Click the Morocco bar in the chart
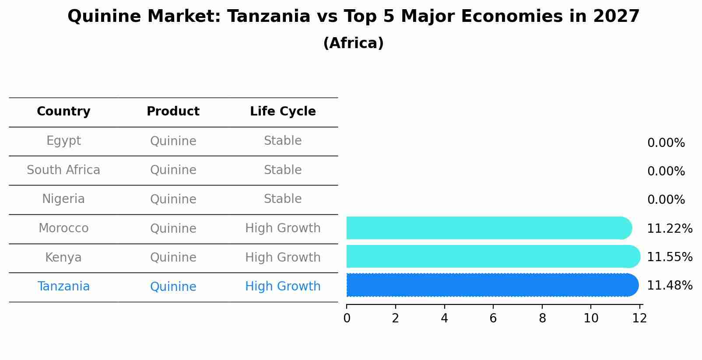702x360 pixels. pos(489,228)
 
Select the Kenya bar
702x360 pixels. pos(493,256)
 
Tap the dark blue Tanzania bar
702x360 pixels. pos(492,285)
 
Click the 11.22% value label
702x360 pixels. pos(670,228)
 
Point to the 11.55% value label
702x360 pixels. pos(670,257)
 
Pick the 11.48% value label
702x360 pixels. pos(670,286)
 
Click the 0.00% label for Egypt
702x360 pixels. pos(666,143)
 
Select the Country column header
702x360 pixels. pos(63,112)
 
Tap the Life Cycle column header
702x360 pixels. pos(283,111)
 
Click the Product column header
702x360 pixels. pos(173,111)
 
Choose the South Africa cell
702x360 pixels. pos(63,170)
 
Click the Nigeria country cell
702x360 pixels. pos(63,199)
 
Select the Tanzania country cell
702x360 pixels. pos(63,287)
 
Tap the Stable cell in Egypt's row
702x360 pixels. pos(283,141)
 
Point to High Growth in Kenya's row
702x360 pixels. pos(283,258)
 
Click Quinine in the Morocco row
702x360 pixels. pos(173,228)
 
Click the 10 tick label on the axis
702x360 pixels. pos(591,318)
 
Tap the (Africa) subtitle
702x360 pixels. pos(353,43)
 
